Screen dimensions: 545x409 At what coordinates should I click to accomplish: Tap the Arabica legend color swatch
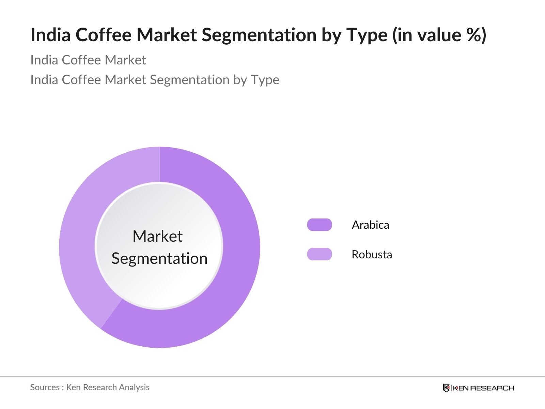click(320, 225)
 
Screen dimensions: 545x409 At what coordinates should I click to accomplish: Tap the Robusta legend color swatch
click(320, 254)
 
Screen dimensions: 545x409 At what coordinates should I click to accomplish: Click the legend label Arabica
click(371, 225)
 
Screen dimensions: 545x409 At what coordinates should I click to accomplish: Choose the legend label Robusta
click(372, 254)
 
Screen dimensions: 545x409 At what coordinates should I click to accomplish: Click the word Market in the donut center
click(158, 236)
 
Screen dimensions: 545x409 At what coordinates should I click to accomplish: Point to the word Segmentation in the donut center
click(159, 258)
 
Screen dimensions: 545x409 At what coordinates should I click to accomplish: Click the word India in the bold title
click(51, 35)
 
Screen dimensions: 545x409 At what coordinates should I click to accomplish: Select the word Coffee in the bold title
click(104, 35)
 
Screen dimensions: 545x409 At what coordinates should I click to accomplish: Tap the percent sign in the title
click(473, 35)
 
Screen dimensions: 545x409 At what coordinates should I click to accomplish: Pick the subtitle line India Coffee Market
click(88, 60)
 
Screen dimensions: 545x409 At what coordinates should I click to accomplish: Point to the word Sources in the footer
click(45, 387)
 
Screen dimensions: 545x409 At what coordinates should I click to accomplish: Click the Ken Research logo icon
click(446, 388)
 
